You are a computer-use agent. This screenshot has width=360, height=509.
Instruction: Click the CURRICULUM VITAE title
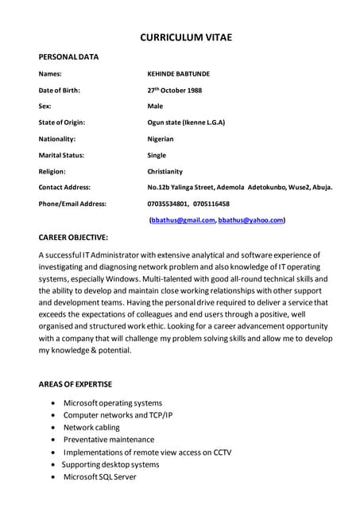(186, 37)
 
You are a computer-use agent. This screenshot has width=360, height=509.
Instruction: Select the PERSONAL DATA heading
(69, 56)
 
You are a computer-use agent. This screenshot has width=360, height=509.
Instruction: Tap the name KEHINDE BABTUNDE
(179, 74)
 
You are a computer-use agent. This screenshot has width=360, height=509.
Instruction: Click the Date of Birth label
(59, 90)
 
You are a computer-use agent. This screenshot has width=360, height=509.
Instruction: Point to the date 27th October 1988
(175, 90)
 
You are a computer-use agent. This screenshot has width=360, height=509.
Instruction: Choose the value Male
(155, 106)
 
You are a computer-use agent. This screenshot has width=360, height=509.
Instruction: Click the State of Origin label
(62, 122)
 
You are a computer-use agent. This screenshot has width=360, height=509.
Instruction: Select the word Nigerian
(161, 138)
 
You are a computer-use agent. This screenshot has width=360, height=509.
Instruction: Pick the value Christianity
(165, 171)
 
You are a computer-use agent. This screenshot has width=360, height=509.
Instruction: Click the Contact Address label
(64, 187)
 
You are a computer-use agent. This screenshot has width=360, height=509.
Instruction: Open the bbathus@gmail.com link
(183, 220)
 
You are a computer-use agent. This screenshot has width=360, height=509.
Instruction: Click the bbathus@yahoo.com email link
(251, 220)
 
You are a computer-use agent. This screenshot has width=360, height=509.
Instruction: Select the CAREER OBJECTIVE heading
(74, 238)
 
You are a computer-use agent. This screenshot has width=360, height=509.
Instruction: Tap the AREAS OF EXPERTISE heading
(75, 384)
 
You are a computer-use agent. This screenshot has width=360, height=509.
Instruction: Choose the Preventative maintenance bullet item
(109, 439)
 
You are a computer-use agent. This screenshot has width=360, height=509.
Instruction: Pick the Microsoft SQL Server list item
(100, 476)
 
